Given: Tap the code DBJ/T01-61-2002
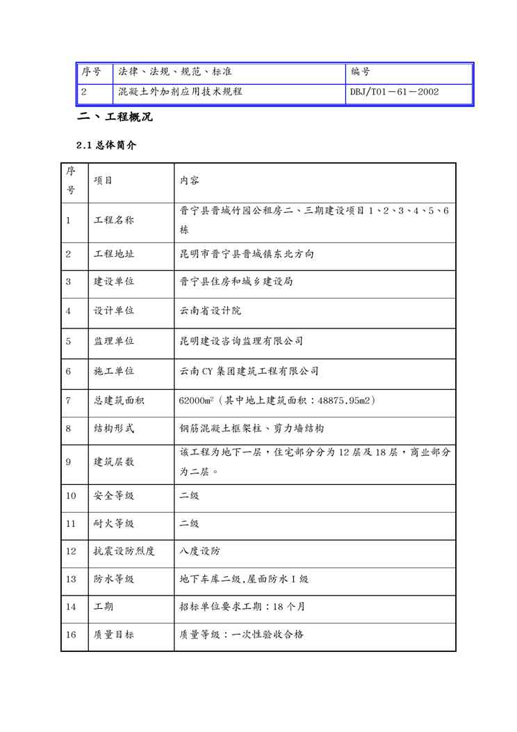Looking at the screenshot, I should pyautogui.click(x=395, y=91).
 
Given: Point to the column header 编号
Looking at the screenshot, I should pyautogui.click(x=360, y=72).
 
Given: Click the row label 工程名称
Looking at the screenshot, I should pyautogui.click(x=114, y=221).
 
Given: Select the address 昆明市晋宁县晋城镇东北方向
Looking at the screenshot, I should pyautogui.click(x=247, y=254).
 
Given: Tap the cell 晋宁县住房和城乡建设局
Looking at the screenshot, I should pyautogui.click(x=236, y=282).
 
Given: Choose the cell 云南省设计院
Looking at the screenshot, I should pyautogui.click(x=211, y=311).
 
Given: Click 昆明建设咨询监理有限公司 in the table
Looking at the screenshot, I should pyautogui.click(x=241, y=341).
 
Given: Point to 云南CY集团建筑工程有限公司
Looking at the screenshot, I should pyautogui.click(x=249, y=372).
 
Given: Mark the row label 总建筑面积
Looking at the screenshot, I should pyautogui.click(x=119, y=401).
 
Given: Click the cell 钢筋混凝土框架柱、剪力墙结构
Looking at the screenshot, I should pyautogui.click(x=252, y=429).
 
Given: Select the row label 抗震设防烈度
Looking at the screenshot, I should pyautogui.click(x=124, y=551).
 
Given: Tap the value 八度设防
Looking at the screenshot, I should pyautogui.click(x=199, y=551).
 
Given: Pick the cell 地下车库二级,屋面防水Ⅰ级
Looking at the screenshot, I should pyautogui.click(x=244, y=579).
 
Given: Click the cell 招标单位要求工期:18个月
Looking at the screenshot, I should pyautogui.click(x=242, y=606).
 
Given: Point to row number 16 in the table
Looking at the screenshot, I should pyautogui.click(x=72, y=634).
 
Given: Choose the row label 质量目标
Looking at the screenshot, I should pyautogui.click(x=114, y=634).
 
